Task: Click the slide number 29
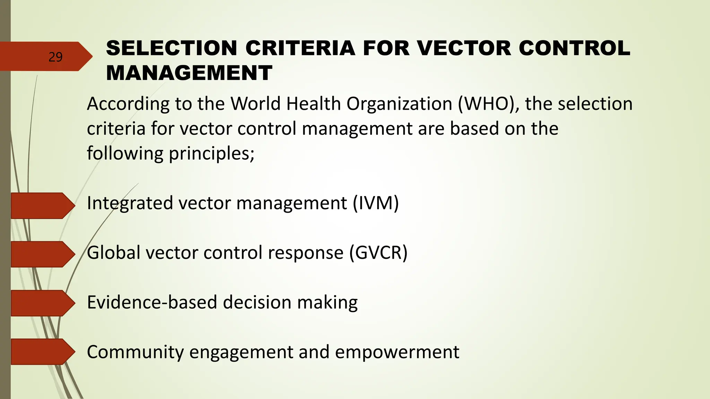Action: (55, 57)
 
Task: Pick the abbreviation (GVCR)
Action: (378, 252)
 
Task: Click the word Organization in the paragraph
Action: (399, 104)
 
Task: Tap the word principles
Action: (211, 153)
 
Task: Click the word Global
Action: (113, 252)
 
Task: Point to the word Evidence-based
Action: (152, 302)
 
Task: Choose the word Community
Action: (135, 352)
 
